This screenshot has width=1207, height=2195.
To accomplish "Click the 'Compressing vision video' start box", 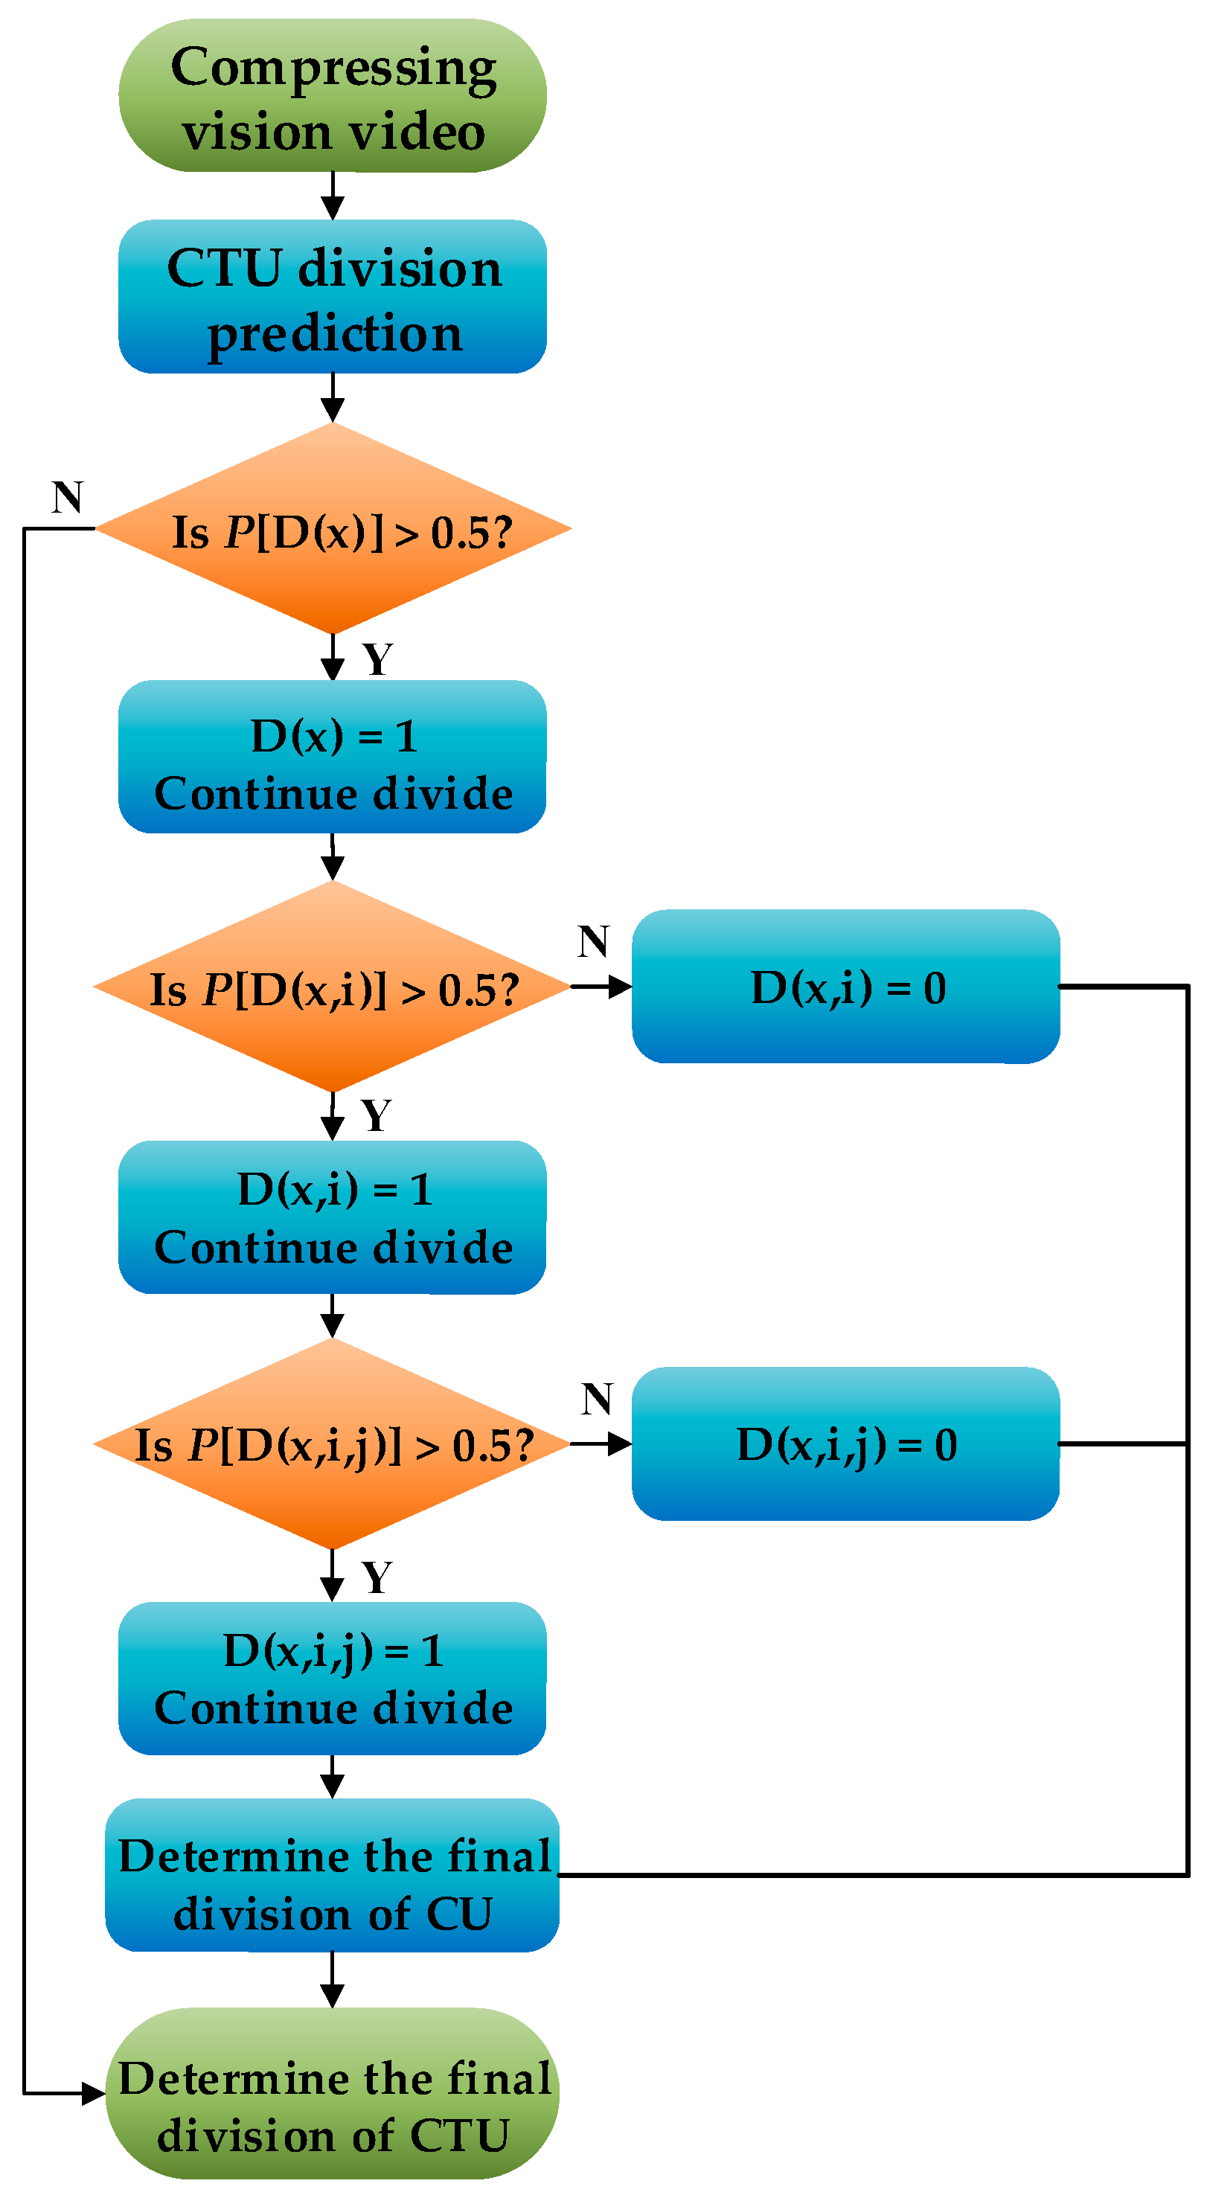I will (x=333, y=95).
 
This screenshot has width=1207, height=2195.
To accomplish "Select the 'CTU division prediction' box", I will (x=333, y=297).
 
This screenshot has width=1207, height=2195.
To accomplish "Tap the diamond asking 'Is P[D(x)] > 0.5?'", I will (x=333, y=529).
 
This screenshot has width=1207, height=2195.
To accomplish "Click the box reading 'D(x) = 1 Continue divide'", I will (x=333, y=757).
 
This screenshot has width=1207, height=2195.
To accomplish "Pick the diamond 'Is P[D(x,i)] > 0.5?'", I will (x=333, y=987).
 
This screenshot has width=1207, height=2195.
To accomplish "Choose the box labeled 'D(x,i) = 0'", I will (x=845, y=987).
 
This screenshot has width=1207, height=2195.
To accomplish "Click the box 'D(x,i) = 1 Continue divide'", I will (x=333, y=1217).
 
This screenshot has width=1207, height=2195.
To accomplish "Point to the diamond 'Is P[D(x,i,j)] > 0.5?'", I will (x=333, y=1444).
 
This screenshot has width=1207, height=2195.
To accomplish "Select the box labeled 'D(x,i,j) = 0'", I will (x=845, y=1444).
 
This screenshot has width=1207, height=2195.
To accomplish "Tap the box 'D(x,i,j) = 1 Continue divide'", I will (x=333, y=1679).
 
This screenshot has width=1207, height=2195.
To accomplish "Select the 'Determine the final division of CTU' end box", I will (x=333, y=2094).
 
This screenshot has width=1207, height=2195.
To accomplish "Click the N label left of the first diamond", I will (x=67, y=498).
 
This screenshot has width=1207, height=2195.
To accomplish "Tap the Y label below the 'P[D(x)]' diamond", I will (x=377, y=659).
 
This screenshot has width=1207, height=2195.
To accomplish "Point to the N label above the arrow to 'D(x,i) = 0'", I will (x=593, y=941).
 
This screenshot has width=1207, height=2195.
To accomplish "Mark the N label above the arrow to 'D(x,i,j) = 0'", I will (x=597, y=1399).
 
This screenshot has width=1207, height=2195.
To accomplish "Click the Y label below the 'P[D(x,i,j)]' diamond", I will (x=377, y=1578).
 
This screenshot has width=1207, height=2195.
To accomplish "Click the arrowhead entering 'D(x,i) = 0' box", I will (x=621, y=987).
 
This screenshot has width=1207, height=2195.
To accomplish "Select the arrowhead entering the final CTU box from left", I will (x=94, y=2094).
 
